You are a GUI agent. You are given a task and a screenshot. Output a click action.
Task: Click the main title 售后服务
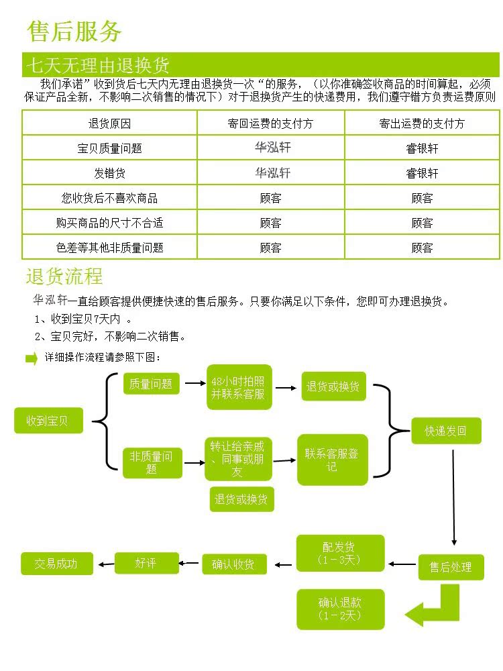click(74, 32)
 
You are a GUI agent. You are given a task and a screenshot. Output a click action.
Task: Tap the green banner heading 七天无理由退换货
click(98, 66)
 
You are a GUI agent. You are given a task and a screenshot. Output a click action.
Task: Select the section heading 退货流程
click(64, 276)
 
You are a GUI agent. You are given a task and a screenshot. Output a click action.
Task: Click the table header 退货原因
click(109, 123)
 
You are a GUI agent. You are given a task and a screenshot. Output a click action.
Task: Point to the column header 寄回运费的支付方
click(270, 123)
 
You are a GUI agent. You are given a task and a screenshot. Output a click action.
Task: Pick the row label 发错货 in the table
click(109, 173)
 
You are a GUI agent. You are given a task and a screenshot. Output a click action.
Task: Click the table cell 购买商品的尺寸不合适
click(109, 223)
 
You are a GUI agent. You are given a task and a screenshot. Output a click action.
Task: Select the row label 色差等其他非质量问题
click(109, 248)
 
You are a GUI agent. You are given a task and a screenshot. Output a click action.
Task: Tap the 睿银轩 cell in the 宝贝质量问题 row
click(422, 148)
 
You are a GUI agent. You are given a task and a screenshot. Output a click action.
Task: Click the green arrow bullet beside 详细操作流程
click(32, 358)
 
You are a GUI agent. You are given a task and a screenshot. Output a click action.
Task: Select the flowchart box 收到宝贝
click(48, 421)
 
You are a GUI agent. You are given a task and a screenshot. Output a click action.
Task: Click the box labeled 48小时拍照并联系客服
click(239, 387)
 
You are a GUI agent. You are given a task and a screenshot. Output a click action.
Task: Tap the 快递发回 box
click(446, 431)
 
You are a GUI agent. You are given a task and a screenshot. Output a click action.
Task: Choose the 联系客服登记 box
click(333, 460)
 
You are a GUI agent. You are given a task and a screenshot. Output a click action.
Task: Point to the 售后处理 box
click(451, 568)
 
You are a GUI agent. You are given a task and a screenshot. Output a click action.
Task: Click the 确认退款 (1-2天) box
click(341, 609)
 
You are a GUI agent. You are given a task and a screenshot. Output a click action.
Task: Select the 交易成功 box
click(57, 564)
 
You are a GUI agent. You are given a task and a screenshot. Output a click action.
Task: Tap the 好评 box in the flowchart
click(146, 563)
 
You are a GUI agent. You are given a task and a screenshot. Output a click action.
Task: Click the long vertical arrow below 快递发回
click(454, 498)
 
